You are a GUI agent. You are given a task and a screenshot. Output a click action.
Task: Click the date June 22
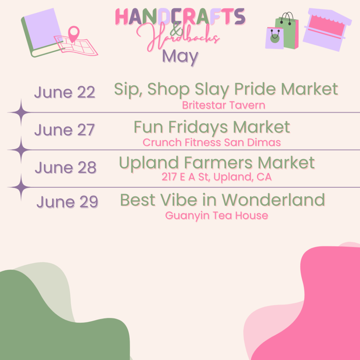[65, 92]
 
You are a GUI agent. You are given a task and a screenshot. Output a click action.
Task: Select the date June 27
[65, 130]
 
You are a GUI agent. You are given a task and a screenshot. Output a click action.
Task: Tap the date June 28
[65, 168]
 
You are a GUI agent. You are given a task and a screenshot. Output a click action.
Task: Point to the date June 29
[67, 202]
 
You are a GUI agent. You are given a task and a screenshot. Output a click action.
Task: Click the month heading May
[180, 56]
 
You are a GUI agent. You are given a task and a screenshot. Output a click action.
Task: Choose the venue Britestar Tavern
[224, 105]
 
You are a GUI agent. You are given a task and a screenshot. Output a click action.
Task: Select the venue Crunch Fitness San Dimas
[212, 142]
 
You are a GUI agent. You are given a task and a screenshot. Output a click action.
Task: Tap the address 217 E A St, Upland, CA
[217, 177]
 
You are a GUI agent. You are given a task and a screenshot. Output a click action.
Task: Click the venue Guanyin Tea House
[217, 215]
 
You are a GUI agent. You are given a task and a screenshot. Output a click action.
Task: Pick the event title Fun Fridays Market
[212, 127]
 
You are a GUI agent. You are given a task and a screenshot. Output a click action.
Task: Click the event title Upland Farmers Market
[217, 163]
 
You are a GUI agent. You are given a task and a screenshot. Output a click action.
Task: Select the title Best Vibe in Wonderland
[222, 200]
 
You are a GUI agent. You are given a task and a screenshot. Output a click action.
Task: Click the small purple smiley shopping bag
[275, 38]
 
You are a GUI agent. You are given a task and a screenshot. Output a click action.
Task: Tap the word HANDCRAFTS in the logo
[180, 17]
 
